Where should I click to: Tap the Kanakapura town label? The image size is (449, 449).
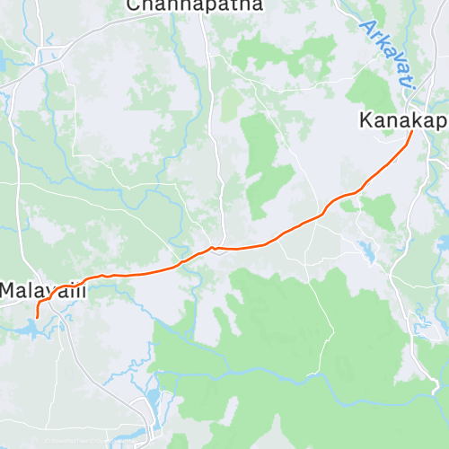(402, 119)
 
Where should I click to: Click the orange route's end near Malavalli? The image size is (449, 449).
(37, 316)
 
